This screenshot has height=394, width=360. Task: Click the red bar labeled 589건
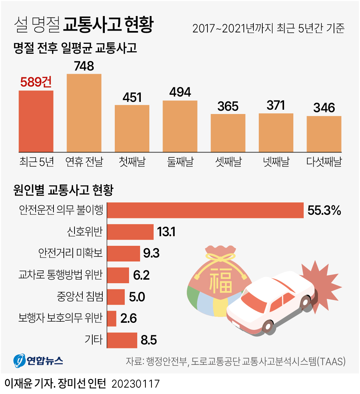tap(36, 121)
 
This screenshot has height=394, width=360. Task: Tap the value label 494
tap(180, 92)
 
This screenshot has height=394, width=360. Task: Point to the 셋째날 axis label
tap(228, 162)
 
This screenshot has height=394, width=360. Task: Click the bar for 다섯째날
tap(324, 134)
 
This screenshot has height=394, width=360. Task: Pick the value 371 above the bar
tap(276, 105)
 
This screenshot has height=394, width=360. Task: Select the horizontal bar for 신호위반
tap(130, 232)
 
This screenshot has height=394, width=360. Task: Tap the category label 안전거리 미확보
tap(70, 254)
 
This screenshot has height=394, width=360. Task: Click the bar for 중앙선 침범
tap(116, 297)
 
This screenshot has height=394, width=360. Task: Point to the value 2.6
tap(129, 318)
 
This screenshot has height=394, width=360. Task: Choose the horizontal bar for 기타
tap(122, 340)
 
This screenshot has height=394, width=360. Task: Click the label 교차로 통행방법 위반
tap(61, 275)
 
